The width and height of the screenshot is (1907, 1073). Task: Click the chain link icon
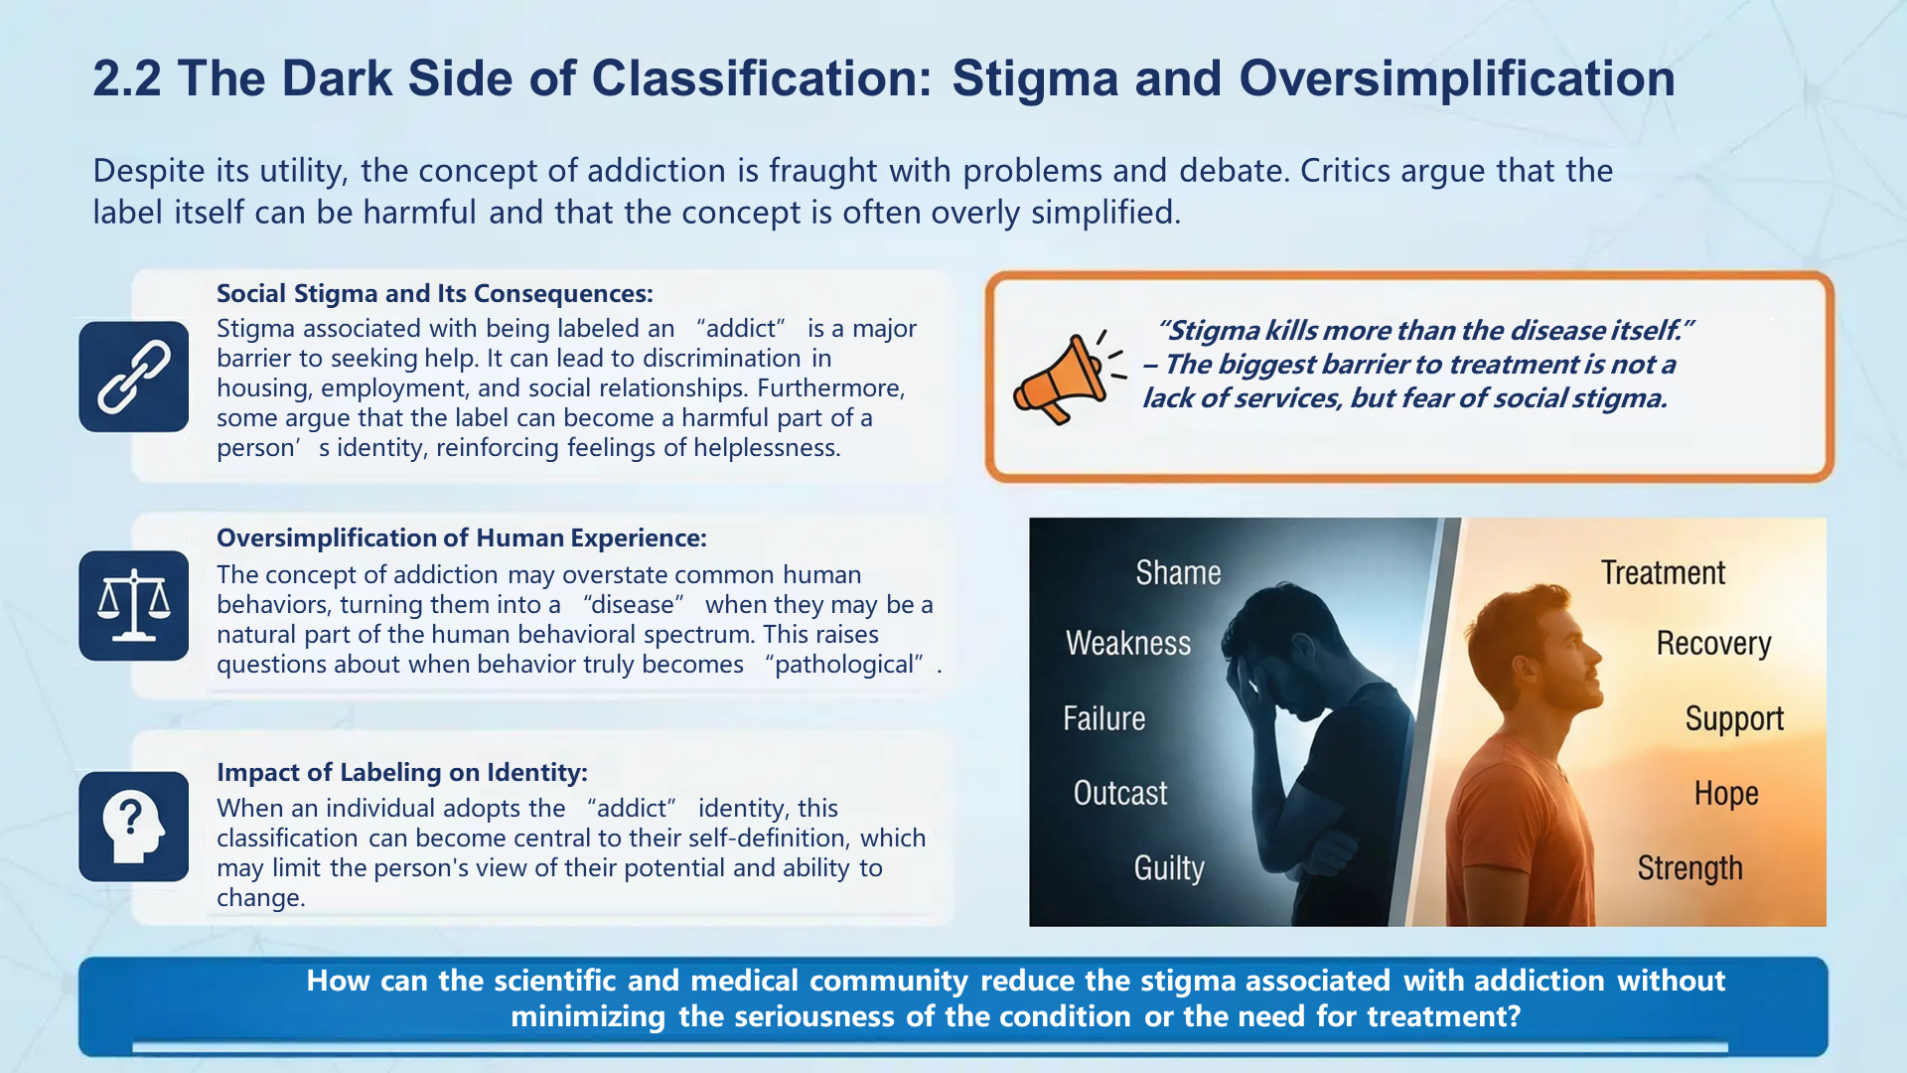click(x=134, y=377)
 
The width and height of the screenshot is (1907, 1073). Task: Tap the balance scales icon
click(x=134, y=606)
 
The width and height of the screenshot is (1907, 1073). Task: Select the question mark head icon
click(x=134, y=827)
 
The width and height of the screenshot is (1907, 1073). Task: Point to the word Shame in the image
click(x=1178, y=573)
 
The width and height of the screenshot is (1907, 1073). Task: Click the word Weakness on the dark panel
click(x=1128, y=644)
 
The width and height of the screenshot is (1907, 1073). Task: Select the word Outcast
click(x=1120, y=794)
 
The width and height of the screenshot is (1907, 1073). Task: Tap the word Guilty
click(x=1169, y=868)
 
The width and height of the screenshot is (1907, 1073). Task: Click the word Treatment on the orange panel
click(x=1663, y=573)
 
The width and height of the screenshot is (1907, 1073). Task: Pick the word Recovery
click(x=1713, y=644)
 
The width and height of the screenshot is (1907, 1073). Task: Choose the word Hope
click(x=1726, y=794)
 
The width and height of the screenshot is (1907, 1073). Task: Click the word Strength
click(x=1689, y=868)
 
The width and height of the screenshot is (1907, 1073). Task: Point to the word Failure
click(x=1103, y=718)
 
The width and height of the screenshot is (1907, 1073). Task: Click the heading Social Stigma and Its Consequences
click(x=435, y=294)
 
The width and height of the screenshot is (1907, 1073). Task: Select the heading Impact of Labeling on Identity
click(x=402, y=773)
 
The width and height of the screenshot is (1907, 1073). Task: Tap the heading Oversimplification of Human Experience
click(x=462, y=538)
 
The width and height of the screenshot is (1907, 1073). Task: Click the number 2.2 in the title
click(x=127, y=79)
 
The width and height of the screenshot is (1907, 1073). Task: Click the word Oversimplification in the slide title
click(x=1456, y=79)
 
